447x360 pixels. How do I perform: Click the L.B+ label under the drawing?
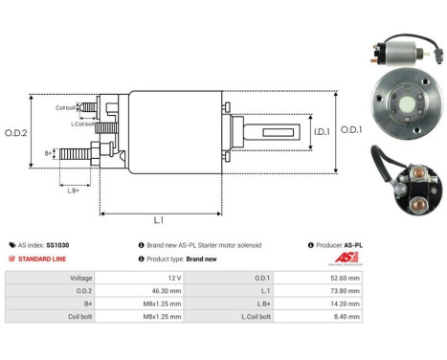pos(73,191)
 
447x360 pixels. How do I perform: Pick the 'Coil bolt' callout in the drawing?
pos(66,106)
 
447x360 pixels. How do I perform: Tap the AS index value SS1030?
pos(57,245)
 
